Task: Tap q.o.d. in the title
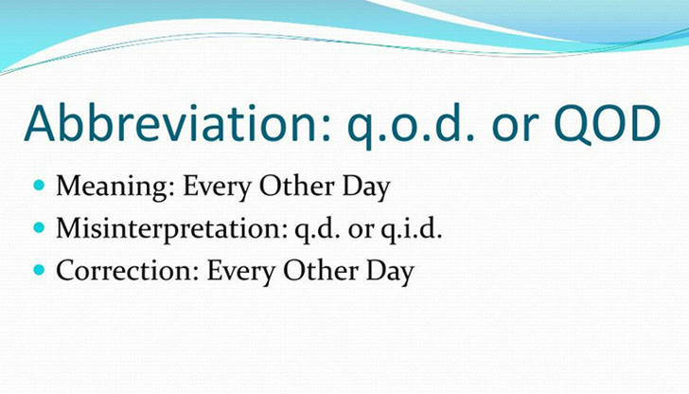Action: [411, 128]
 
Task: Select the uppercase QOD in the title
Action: [608, 124]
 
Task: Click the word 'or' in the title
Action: [515, 129]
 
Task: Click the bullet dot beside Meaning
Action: [39, 185]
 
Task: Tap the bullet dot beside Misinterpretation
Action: [39, 227]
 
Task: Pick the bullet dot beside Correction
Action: [39, 270]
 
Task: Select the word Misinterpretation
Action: [172, 229]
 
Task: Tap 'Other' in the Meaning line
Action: [296, 186]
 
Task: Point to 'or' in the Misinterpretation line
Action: [361, 231]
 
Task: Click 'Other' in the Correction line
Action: [321, 271]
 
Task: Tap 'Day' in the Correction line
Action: [390, 272]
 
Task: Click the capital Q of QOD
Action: [572, 125]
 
